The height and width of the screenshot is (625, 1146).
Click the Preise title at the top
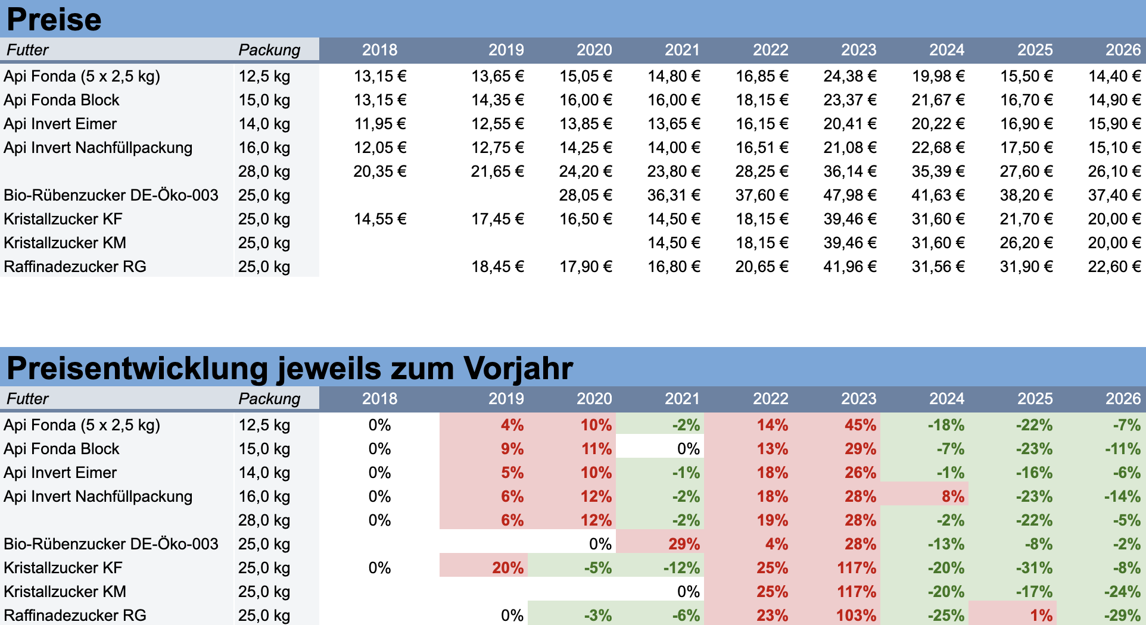tap(54, 19)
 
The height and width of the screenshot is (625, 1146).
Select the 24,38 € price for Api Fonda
tap(849, 76)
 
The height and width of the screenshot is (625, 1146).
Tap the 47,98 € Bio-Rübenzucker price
tap(849, 195)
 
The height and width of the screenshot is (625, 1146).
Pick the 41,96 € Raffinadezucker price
tap(849, 267)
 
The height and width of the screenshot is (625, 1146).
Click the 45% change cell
tap(860, 425)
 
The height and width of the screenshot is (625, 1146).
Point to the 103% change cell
tap(856, 615)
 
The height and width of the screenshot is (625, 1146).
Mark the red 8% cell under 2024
tap(952, 496)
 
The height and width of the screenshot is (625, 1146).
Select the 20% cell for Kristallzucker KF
tap(507, 568)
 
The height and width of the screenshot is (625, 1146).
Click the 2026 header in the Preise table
tap(1123, 50)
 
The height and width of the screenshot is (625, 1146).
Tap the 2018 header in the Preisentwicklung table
tap(379, 399)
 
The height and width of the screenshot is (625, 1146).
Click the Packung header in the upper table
tap(269, 50)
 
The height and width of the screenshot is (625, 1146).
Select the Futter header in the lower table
tap(27, 399)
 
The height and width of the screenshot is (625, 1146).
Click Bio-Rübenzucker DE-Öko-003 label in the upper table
tap(111, 195)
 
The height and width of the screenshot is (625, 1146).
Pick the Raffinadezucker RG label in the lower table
tap(75, 615)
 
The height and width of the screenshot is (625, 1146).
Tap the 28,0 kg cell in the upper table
tap(264, 171)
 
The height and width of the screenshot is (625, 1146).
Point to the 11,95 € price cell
tap(379, 124)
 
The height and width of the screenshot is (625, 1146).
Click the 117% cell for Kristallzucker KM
tap(856, 592)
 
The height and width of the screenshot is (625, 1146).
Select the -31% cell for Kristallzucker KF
tap(1034, 568)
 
